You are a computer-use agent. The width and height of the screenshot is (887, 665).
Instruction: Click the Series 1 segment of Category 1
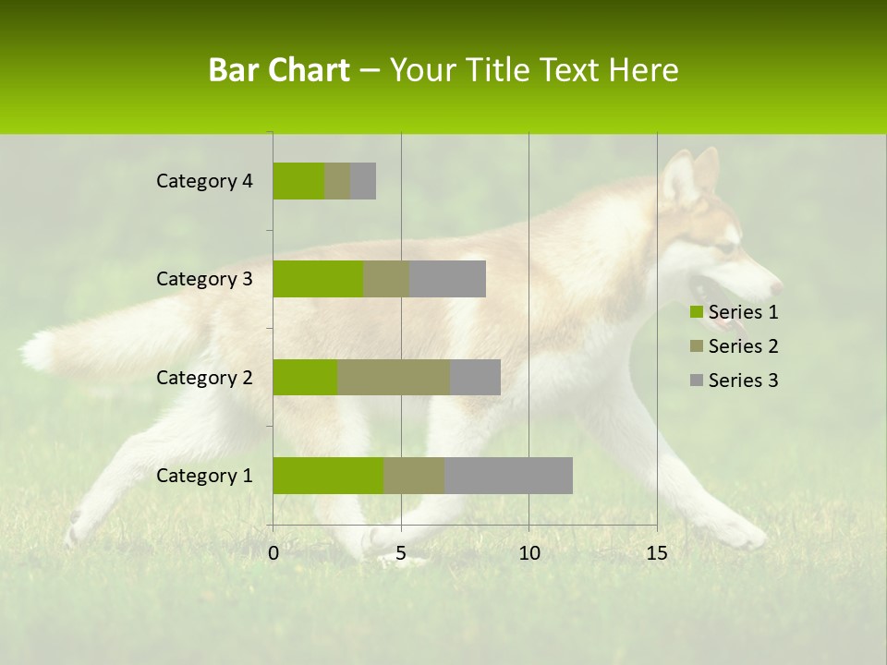328,476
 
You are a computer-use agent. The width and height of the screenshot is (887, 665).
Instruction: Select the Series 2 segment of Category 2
394,377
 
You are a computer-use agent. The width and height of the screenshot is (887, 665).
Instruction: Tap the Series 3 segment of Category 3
447,279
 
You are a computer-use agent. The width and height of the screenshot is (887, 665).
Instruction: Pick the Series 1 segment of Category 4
298,181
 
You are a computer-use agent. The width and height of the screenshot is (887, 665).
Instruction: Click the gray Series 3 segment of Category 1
508,476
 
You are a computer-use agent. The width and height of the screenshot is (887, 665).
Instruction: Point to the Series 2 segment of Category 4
337,181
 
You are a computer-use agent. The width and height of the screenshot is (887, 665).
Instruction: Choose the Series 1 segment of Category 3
318,279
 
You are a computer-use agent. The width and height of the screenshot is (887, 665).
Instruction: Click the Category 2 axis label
204,377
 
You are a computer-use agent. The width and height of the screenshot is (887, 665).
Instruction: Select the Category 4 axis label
204,181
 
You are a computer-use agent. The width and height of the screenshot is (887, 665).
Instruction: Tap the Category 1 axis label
204,476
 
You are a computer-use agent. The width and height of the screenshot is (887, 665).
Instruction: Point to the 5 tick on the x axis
401,553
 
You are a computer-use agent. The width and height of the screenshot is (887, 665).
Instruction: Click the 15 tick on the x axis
657,553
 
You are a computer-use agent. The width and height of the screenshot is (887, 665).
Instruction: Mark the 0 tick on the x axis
273,553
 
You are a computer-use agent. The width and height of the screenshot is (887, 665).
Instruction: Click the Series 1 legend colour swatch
696,312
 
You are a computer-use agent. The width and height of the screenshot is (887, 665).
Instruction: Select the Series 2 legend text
743,346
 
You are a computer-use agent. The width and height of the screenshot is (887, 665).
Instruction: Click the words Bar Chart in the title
279,70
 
